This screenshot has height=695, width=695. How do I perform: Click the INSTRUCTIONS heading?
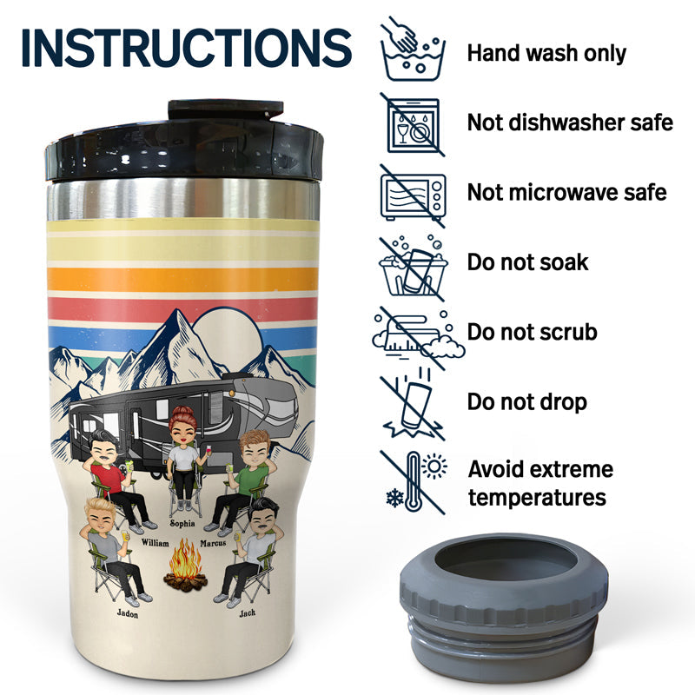point(187,48)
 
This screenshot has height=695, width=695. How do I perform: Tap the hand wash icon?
point(413,49)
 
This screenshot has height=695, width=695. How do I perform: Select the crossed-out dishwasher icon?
point(413,124)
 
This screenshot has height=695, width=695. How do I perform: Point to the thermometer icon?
point(414,482)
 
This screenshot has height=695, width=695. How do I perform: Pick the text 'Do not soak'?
point(527,262)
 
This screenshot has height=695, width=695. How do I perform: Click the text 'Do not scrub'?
point(532,332)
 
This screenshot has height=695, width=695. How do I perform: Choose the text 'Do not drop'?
point(527,402)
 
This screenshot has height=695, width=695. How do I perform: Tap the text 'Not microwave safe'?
point(567,192)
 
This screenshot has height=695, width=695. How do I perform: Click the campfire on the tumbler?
point(185,566)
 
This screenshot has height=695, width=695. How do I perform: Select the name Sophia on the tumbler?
point(182,524)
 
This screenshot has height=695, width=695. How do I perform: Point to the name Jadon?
point(127,613)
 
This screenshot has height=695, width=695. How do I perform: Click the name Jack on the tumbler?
point(248,613)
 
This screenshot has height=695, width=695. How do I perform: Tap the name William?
point(156,543)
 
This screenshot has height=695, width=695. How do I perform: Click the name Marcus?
point(213,543)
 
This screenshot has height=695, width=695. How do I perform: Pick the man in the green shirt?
point(245,481)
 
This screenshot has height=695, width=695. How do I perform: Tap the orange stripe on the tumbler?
point(182,279)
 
